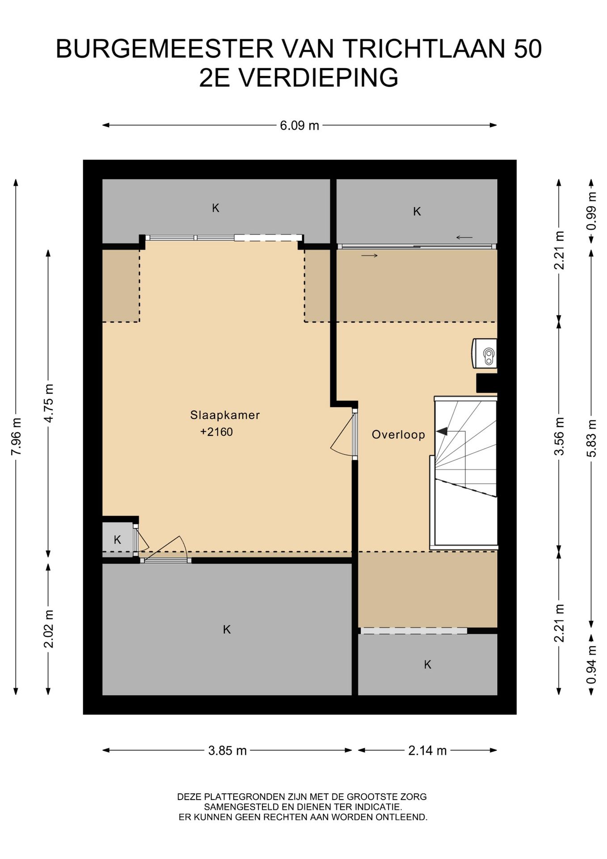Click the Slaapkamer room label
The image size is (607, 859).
click(x=225, y=415)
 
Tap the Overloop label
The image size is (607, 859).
click(x=398, y=434)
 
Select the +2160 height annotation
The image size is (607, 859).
click(x=217, y=432)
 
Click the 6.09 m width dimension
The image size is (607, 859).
click(x=299, y=126)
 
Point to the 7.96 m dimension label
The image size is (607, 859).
click(x=16, y=437)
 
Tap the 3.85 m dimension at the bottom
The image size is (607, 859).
click(x=228, y=751)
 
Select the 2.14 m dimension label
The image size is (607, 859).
click(x=427, y=751)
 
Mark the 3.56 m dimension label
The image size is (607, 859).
click(x=559, y=436)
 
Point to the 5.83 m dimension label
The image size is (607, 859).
click(x=592, y=438)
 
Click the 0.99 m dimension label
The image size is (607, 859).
click(x=592, y=211)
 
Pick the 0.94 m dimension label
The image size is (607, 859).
click(x=592, y=664)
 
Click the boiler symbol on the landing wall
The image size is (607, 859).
click(x=485, y=353)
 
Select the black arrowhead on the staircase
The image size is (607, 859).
click(x=442, y=431)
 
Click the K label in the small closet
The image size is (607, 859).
click(x=118, y=540)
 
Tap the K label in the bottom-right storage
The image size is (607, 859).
click(x=428, y=665)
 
